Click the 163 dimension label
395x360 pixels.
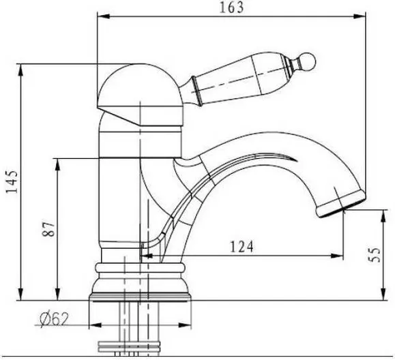232,7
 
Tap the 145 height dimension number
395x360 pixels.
12,181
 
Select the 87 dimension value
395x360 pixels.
48,229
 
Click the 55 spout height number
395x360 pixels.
374,255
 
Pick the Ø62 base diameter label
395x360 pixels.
54,319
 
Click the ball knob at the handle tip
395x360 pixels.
307,61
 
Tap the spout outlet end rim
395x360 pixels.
340,204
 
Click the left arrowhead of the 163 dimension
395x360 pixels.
104,16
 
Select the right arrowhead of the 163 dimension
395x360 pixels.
360,16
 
